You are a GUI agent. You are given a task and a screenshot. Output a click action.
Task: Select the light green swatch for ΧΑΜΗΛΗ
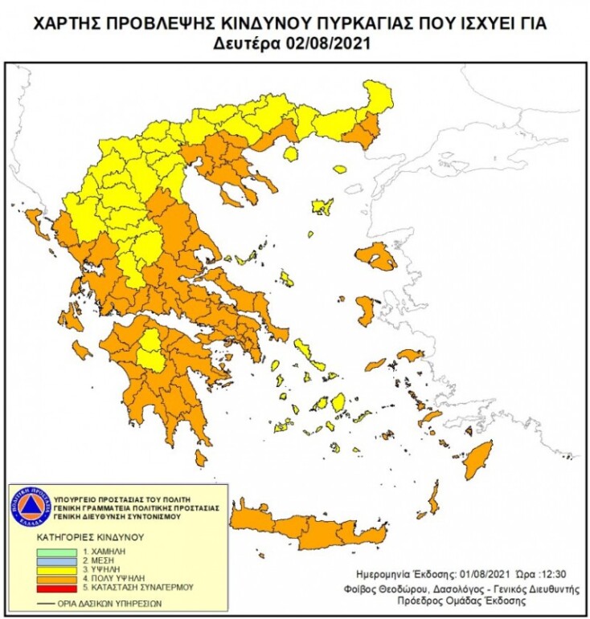coord(59,553)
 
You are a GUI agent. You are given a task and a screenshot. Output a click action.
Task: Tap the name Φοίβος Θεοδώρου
coord(401,588)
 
